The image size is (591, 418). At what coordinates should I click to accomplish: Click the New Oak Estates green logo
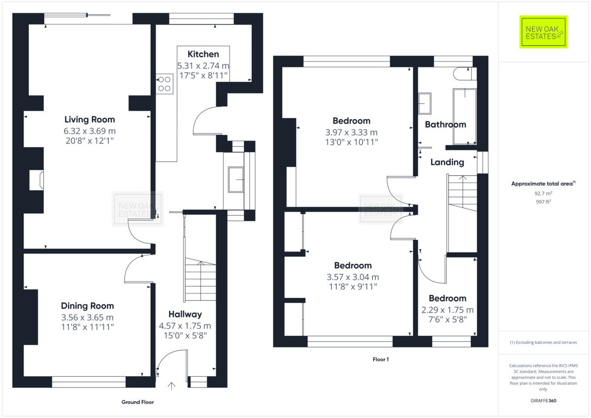tap(543, 32)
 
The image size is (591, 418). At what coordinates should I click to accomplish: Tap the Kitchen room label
tap(203, 54)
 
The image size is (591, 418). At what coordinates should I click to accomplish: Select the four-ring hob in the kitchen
tap(164, 84)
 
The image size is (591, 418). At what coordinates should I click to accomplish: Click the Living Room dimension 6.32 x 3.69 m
tap(90, 131)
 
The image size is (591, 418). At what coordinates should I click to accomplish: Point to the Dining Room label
tap(87, 306)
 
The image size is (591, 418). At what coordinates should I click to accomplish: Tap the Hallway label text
tap(185, 314)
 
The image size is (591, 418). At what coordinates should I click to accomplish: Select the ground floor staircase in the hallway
tap(199, 281)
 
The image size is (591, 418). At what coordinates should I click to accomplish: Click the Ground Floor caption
tap(137, 402)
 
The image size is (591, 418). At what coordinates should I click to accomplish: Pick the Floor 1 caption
tap(381, 359)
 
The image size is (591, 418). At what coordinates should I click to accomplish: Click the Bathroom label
tap(445, 125)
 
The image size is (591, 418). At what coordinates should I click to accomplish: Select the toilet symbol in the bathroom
tap(463, 73)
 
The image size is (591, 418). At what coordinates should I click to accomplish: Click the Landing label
tap(447, 162)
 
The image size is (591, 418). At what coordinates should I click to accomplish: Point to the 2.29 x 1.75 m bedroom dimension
tap(447, 310)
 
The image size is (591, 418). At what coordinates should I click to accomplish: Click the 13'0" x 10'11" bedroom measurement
tap(351, 142)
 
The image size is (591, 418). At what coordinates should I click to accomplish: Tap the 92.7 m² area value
tap(544, 193)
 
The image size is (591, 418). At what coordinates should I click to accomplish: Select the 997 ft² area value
tap(544, 202)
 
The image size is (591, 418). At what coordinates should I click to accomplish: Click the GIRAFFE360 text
tap(544, 400)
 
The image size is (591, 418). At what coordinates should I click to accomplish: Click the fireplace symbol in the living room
tap(36, 180)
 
